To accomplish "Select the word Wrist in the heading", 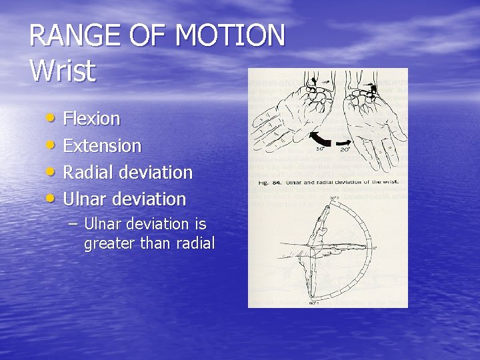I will (63, 71).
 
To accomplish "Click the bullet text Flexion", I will (91, 119).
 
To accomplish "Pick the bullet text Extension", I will (102, 145).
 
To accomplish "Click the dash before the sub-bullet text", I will (73, 223).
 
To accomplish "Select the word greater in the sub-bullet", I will (109, 244).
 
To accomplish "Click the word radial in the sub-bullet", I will (194, 244).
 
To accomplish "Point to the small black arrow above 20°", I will (344, 141).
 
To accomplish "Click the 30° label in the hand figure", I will (321, 150).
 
